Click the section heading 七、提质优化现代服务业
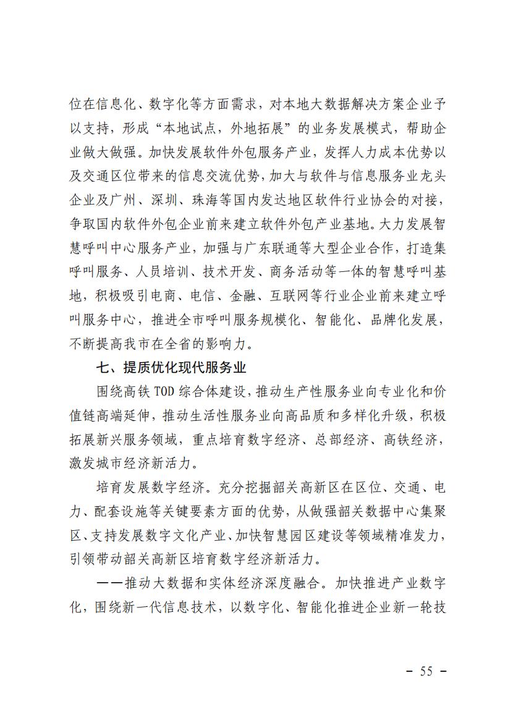point(171,368)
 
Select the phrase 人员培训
point(164,273)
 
